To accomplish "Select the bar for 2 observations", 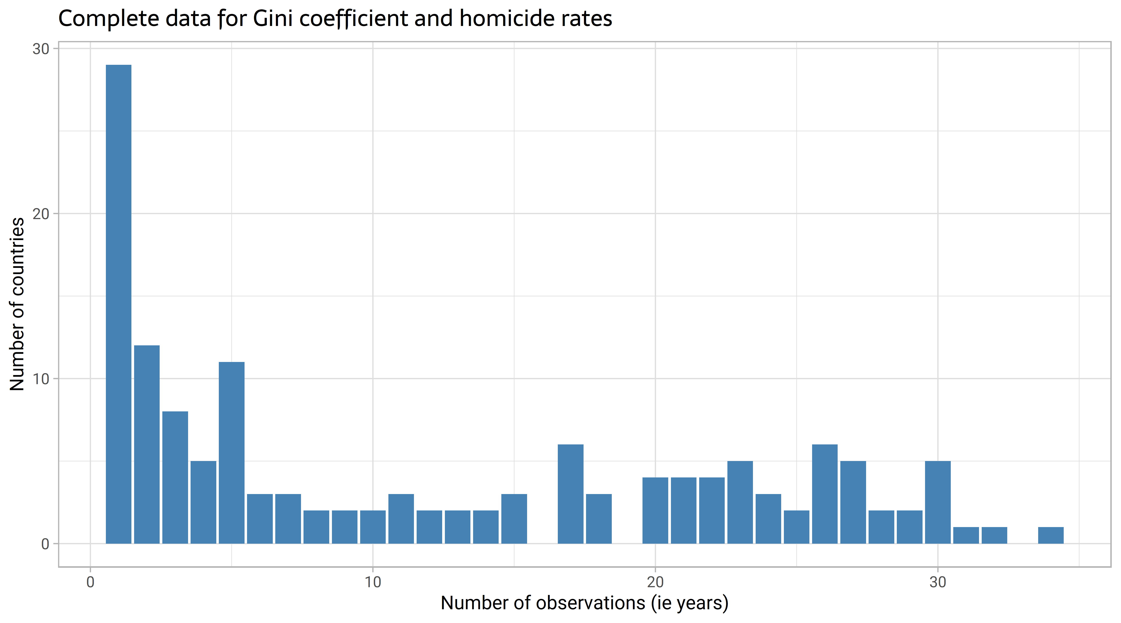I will click(x=147, y=444).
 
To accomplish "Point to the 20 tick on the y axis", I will click(x=40, y=214).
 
